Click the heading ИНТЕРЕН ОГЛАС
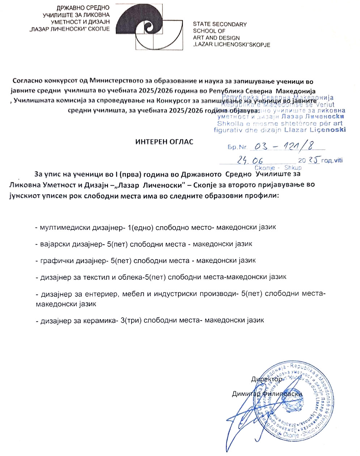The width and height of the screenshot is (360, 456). coord(164,142)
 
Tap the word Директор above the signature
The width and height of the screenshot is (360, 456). coord(267,379)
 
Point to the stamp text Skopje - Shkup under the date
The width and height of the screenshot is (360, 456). coord(278,168)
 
